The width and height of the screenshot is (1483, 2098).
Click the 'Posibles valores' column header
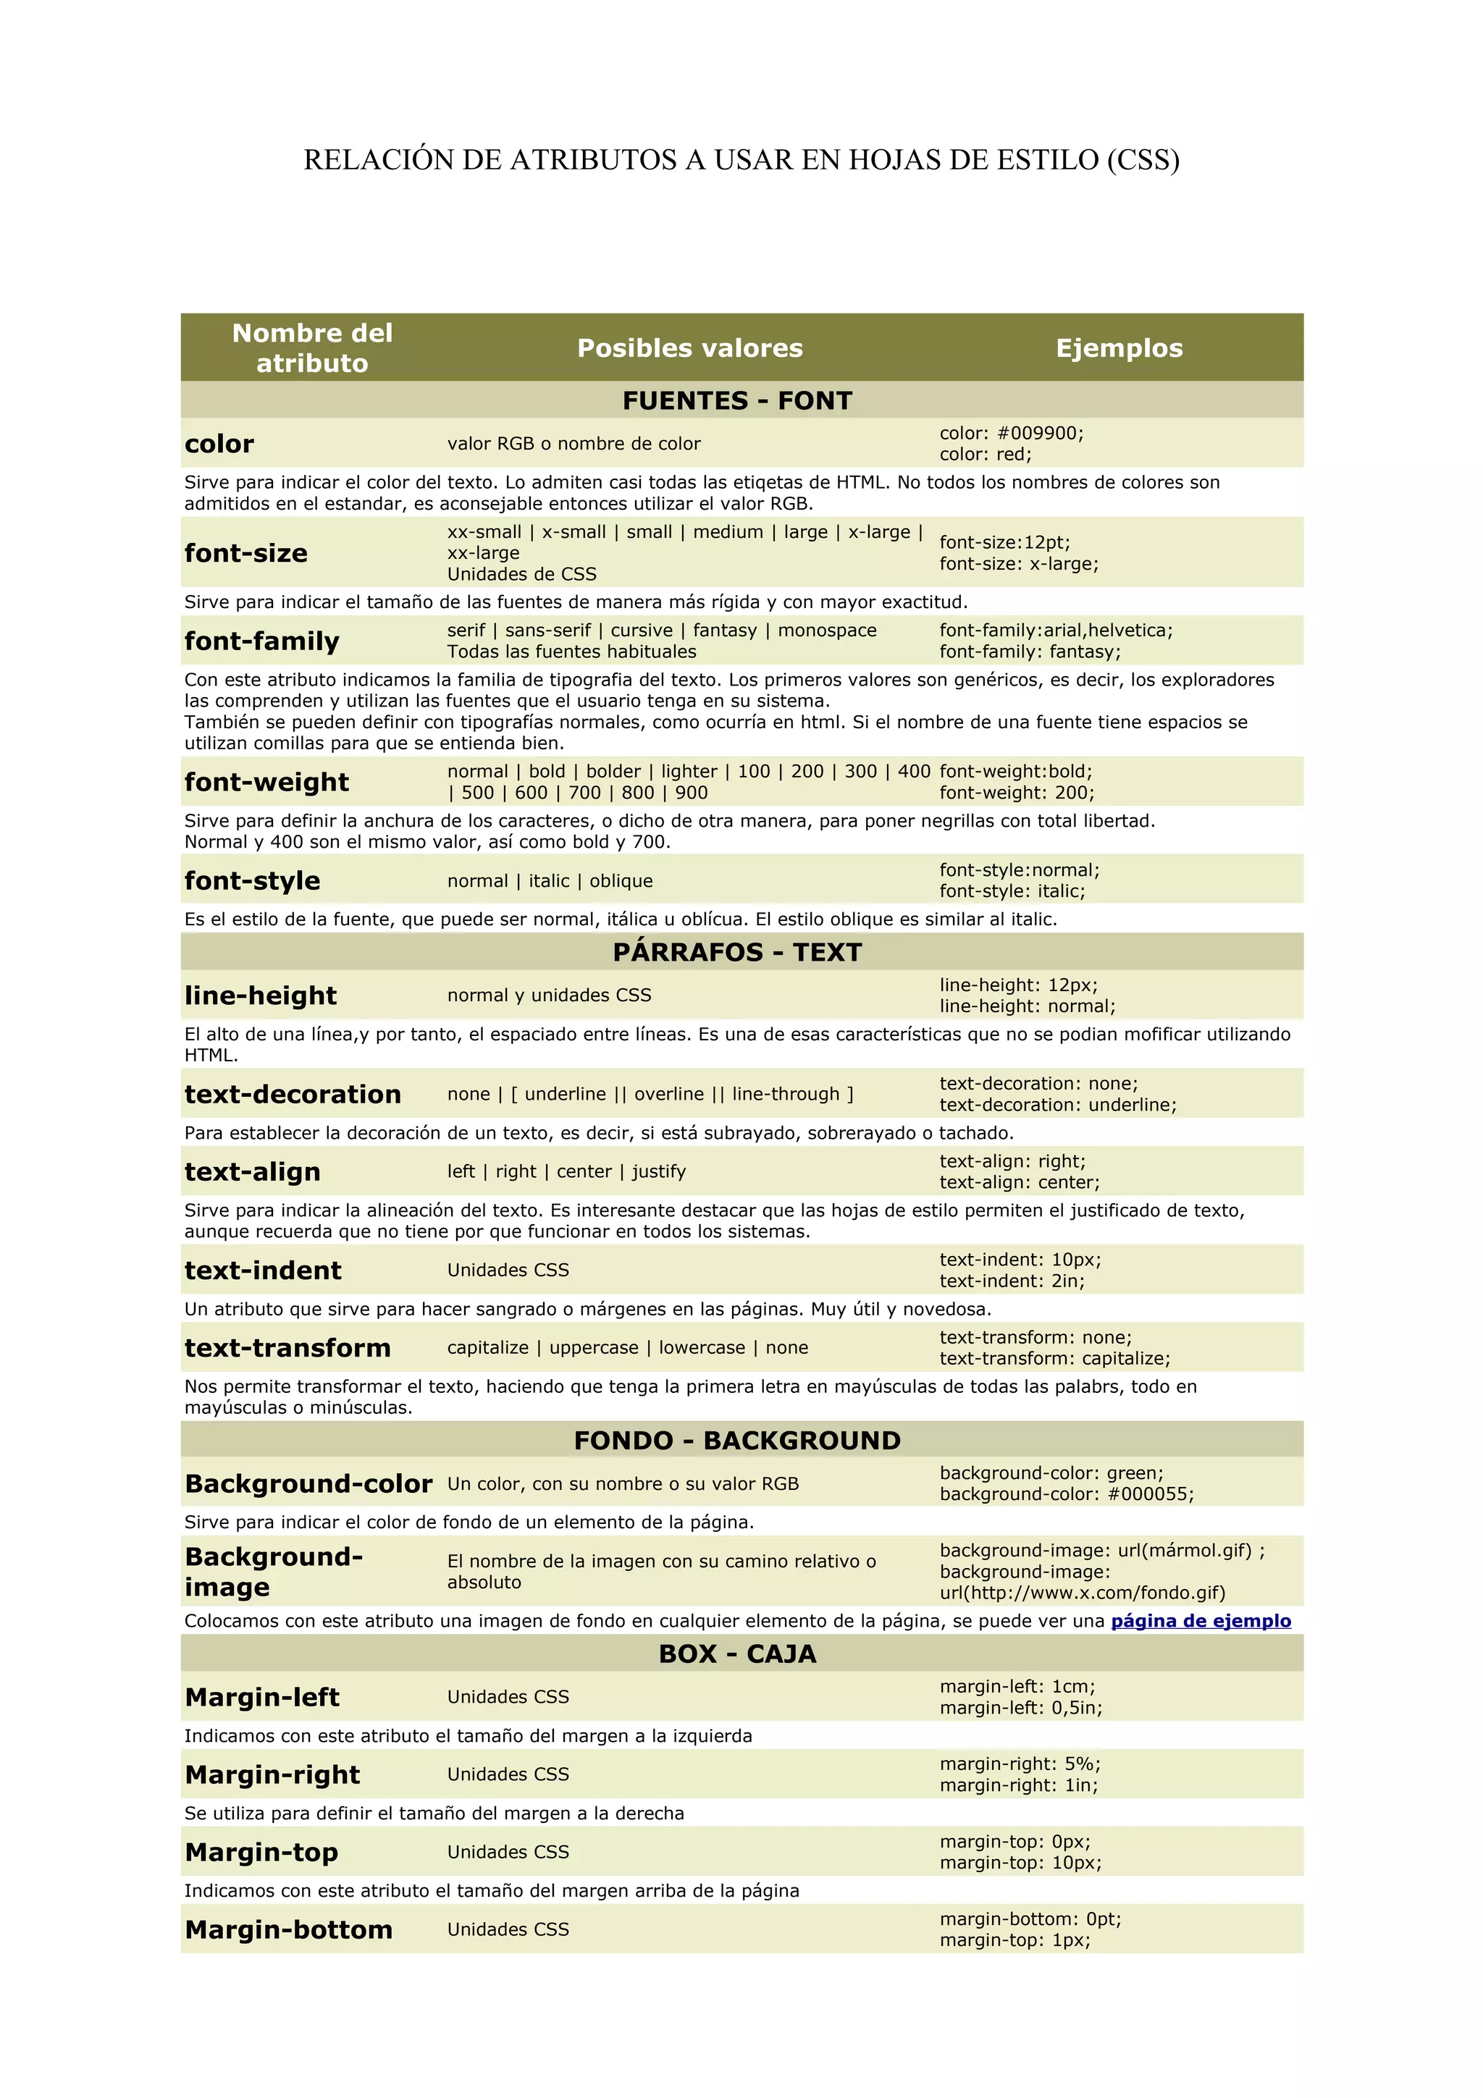(x=690, y=348)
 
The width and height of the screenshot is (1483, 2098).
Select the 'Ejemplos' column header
(x=1119, y=348)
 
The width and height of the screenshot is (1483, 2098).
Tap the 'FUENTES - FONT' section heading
(x=737, y=400)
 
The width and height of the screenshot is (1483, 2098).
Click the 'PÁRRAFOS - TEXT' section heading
(x=737, y=952)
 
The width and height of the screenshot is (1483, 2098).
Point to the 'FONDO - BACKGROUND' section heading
(x=737, y=1440)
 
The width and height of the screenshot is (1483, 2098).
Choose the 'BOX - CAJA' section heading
(x=737, y=1654)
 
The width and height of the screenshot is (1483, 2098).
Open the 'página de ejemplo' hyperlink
(x=1201, y=1621)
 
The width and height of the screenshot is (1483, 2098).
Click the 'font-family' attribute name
(x=261, y=641)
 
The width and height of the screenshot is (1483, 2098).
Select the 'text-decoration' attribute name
(x=293, y=1094)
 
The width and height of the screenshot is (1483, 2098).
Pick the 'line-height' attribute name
(x=261, y=995)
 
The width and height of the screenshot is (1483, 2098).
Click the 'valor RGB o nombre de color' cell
(x=574, y=444)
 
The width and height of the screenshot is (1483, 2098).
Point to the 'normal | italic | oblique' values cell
(x=550, y=881)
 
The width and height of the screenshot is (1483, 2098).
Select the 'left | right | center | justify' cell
(x=566, y=1171)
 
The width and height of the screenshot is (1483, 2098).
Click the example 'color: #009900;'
(x=1012, y=433)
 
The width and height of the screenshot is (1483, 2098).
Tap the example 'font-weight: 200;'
(x=1017, y=793)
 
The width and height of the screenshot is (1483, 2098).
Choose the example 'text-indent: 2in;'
(x=1012, y=1281)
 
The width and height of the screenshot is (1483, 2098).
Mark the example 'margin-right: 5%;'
(x=1020, y=1764)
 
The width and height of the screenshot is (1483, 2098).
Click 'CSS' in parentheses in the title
(x=1142, y=160)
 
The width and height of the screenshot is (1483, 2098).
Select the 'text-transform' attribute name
(x=287, y=1348)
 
